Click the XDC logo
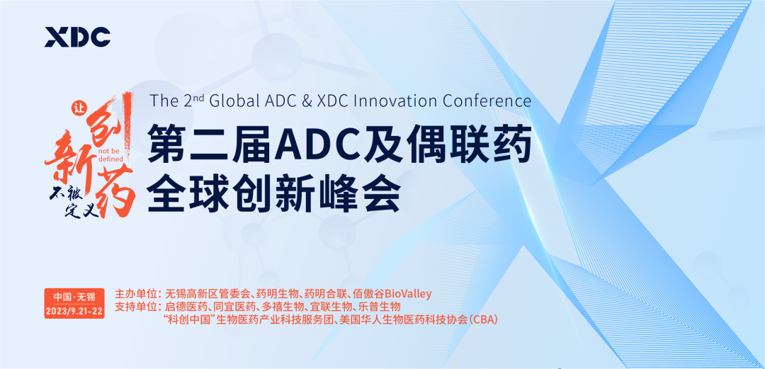pyautogui.click(x=78, y=37)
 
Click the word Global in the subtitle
pyautogui.click(x=232, y=101)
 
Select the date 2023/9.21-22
pyautogui.click(x=74, y=312)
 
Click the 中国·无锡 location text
pyautogui.click(x=74, y=297)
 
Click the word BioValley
pyautogui.click(x=409, y=295)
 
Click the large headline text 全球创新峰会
pyautogui.click(x=273, y=195)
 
